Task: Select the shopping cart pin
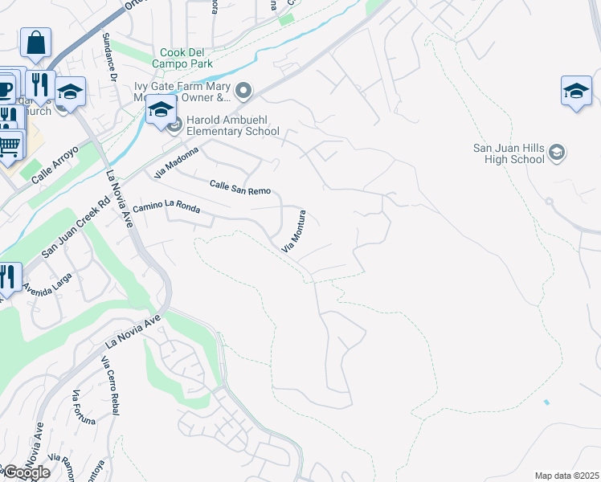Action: click(9, 145)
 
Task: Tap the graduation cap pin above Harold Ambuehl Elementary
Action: click(161, 110)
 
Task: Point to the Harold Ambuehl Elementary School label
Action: click(232, 125)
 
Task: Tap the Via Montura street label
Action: click(294, 232)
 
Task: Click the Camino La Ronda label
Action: click(166, 210)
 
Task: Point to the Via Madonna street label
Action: click(178, 163)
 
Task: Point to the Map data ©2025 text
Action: click(566, 476)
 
